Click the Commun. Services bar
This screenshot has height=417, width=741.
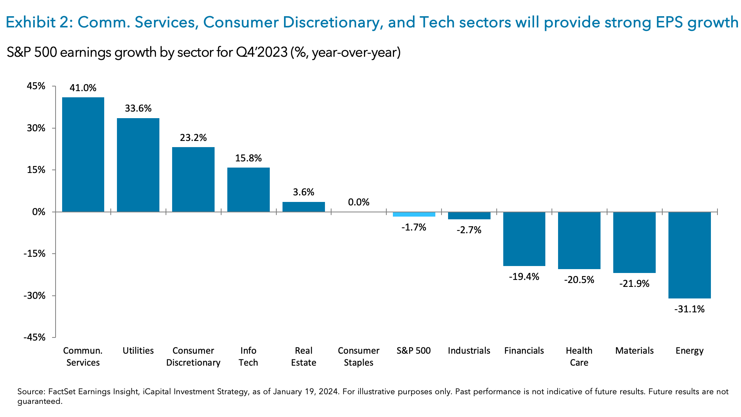pyautogui.click(x=83, y=154)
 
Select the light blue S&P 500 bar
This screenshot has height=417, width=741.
pyautogui.click(x=414, y=214)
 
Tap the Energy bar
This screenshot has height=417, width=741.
pyautogui.click(x=689, y=255)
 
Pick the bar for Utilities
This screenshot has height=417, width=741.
pyautogui.click(x=138, y=165)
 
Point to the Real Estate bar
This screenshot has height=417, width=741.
pyautogui.click(x=304, y=207)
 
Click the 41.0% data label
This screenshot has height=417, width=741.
pyautogui.click(x=83, y=88)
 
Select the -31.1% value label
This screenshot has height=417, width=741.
pyautogui.click(x=689, y=309)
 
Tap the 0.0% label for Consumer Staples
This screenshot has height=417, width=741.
pyautogui.click(x=359, y=202)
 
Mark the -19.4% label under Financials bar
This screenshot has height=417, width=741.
pyautogui.click(x=524, y=277)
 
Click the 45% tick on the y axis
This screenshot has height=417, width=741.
pyautogui.click(x=36, y=86)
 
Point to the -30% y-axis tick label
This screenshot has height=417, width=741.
pyautogui.click(x=34, y=296)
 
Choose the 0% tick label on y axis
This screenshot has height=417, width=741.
pyautogui.click(x=39, y=212)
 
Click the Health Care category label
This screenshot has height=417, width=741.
pyautogui.click(x=579, y=356)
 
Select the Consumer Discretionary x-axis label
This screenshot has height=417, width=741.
pyautogui.click(x=193, y=356)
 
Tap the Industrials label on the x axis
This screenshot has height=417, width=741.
pyautogui.click(x=469, y=351)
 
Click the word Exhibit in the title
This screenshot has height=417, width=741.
pyautogui.click(x=30, y=22)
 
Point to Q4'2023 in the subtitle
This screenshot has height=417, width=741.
pyautogui.click(x=261, y=52)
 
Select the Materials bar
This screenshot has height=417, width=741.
pyautogui.click(x=634, y=242)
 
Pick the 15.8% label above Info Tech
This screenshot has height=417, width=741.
pyautogui.click(x=248, y=158)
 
